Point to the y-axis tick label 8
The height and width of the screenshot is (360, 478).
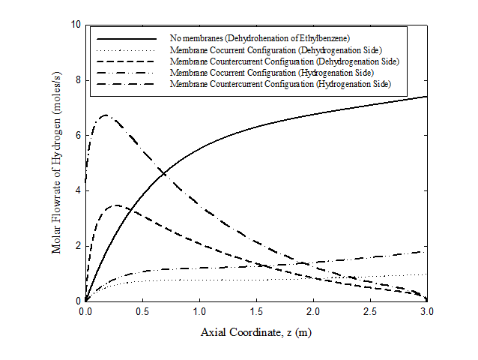76,79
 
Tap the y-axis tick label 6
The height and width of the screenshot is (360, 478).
76,135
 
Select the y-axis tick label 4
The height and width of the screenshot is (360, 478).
76,190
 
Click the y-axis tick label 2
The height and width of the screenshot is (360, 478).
76,246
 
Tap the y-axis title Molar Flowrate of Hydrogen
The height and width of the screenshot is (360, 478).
57,163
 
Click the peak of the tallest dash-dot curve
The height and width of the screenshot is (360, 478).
106,115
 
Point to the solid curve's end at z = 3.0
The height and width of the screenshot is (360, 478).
427,96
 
